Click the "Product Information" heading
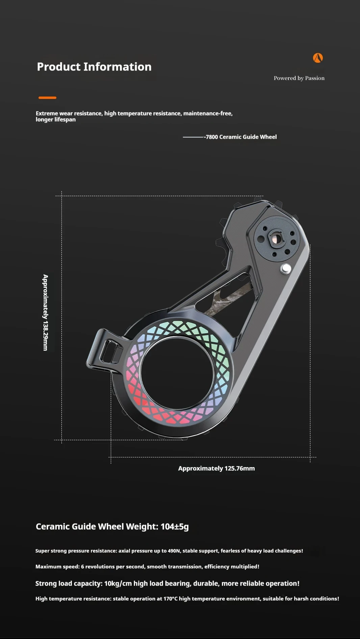(94, 67)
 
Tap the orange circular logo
(318, 58)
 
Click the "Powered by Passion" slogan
(299, 78)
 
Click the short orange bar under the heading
(47, 98)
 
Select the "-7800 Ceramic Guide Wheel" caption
(240, 137)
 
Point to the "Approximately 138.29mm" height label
(45, 313)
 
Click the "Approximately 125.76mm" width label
(216, 468)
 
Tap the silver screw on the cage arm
(286, 269)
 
